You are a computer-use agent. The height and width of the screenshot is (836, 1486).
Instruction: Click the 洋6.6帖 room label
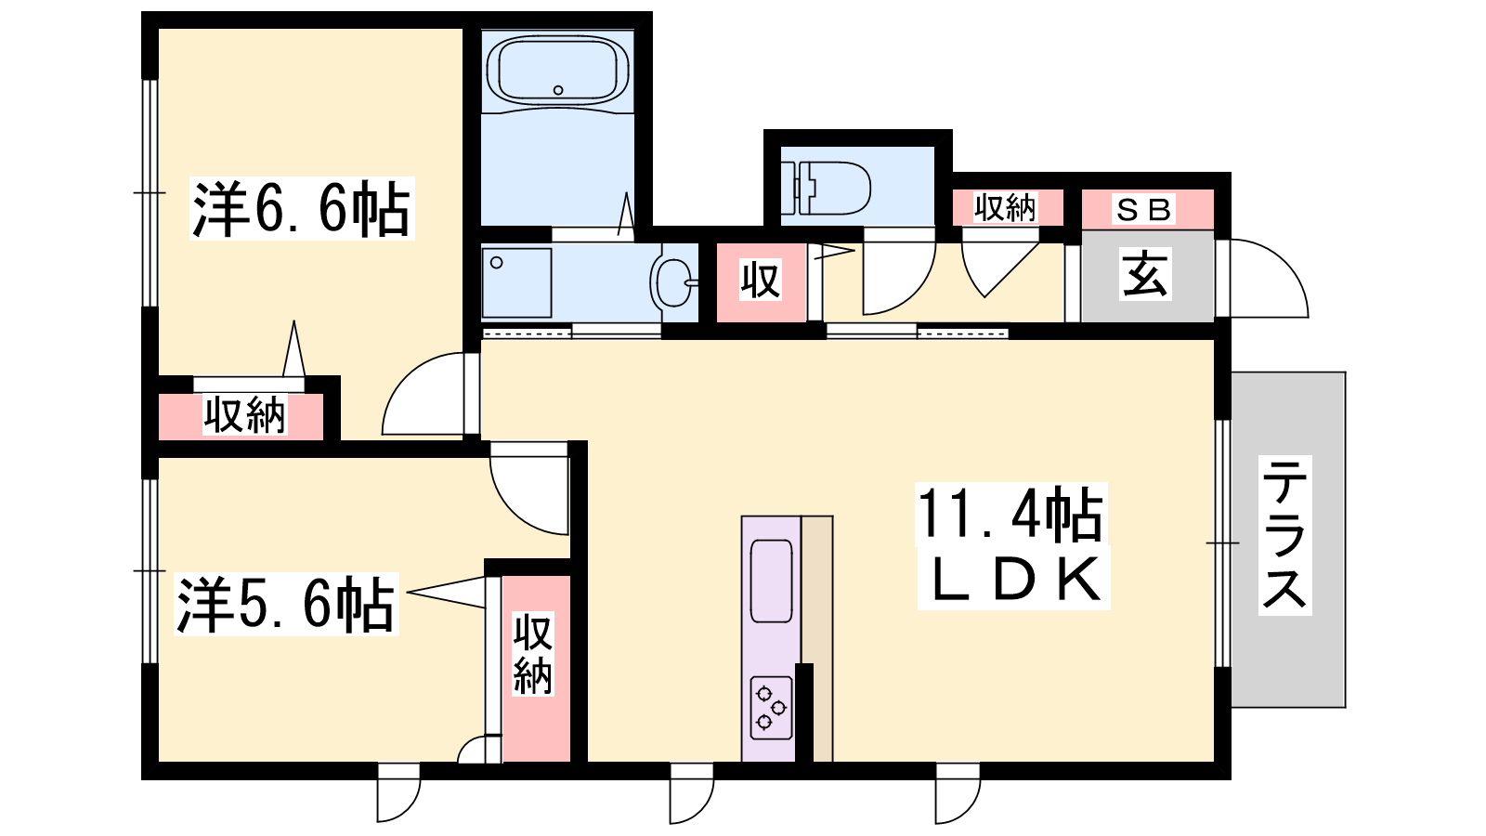click(x=302, y=208)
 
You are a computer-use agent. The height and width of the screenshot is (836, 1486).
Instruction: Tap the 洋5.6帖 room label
click(x=286, y=605)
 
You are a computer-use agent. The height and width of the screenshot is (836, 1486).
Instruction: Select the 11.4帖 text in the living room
click(x=1010, y=515)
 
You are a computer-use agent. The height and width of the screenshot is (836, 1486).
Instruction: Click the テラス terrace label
click(x=1285, y=535)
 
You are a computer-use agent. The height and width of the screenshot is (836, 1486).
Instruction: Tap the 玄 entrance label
click(x=1145, y=273)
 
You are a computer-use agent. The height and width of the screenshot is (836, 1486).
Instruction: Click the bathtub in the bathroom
click(x=558, y=72)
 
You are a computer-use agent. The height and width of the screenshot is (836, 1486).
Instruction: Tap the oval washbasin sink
click(x=672, y=283)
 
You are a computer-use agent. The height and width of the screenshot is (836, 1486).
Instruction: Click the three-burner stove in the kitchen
click(x=771, y=708)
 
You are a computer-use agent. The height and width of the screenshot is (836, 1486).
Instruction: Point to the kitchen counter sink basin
click(x=771, y=581)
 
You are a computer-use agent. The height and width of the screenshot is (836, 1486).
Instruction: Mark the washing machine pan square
click(x=516, y=283)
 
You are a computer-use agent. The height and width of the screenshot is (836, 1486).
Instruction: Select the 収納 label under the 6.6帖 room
click(x=244, y=415)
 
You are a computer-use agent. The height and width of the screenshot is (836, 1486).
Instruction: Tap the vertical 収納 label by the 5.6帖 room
click(x=533, y=654)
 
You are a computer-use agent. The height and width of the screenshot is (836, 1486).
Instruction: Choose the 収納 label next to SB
click(x=1004, y=208)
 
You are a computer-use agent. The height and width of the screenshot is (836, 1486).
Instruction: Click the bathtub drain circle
click(x=558, y=90)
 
